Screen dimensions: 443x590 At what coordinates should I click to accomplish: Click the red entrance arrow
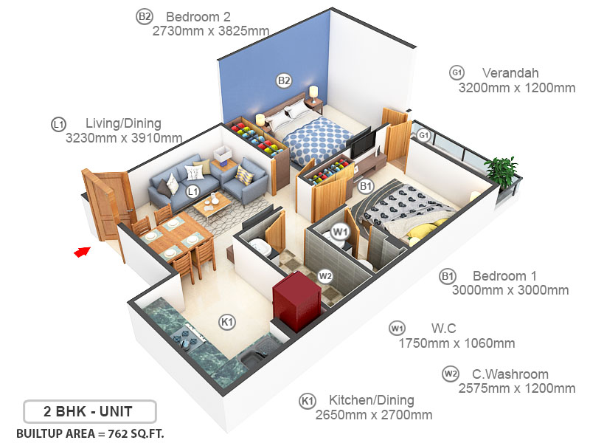[x=81, y=253]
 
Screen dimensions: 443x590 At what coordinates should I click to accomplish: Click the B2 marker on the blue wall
[x=284, y=80]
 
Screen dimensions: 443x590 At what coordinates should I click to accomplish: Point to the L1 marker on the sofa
[x=192, y=191]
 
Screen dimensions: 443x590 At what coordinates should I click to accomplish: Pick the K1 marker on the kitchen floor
[x=227, y=322]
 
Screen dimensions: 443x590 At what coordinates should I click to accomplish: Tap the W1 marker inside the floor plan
[x=340, y=231]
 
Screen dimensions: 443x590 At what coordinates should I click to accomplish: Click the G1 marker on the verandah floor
[x=423, y=136]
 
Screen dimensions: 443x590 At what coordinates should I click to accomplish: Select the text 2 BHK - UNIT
[x=89, y=410]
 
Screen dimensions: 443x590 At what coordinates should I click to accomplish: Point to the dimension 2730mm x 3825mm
[x=210, y=31]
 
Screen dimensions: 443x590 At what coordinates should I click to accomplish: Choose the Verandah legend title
[x=510, y=73]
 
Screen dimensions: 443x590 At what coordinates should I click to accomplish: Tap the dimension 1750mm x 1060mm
[x=457, y=343]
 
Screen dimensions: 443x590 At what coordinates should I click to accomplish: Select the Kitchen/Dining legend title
[x=372, y=400]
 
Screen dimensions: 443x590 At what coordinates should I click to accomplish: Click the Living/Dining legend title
[x=123, y=123]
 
